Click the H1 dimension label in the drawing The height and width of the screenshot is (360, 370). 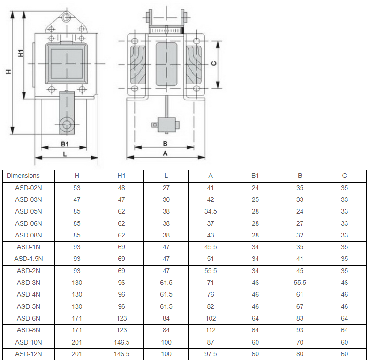pos(21,53)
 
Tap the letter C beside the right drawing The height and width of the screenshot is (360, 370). pos(213,63)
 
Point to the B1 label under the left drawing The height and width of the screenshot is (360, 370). pos(65,144)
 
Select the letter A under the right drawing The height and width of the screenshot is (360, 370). pos(165,153)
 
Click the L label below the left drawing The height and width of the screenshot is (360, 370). pos(65,154)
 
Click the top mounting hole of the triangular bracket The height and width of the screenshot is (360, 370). pos(67,17)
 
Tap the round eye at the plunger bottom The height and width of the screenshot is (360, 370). pos(67,124)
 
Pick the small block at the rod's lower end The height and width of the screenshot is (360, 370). pos(166,125)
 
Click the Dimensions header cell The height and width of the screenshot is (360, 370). pos(23,176)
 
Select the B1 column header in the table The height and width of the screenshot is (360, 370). pos(255,176)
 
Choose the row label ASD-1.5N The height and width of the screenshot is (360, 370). pos(29,259)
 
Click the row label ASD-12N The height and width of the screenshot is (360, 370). pos(29,354)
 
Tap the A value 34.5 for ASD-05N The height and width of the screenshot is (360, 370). pos(211,211)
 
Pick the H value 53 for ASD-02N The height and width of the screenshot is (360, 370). pos(77,188)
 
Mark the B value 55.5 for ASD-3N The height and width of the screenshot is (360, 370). pos(300,283)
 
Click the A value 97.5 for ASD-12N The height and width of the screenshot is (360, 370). pos(211,354)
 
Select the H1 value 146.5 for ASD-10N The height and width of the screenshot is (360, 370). pos(121,342)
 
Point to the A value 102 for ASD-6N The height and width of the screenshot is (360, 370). pos(211,318)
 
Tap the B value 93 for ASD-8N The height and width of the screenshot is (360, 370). pos(300,330)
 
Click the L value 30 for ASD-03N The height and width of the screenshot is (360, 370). pos(166,199)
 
